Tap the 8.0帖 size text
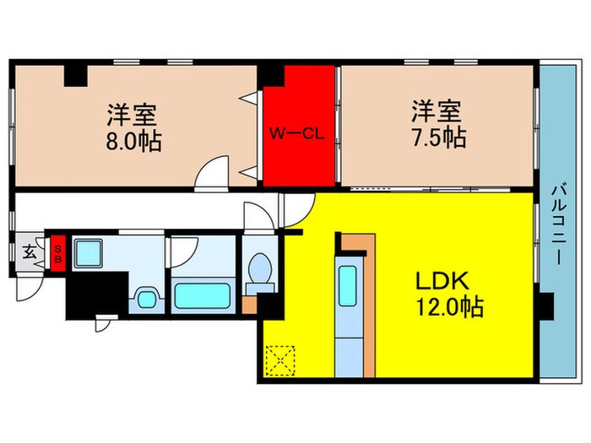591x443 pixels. pyautogui.click(x=134, y=138)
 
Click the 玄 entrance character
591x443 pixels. pyautogui.click(x=30, y=251)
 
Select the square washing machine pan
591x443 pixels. pyautogui.click(x=88, y=253)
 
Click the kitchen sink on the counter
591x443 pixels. pyautogui.click(x=347, y=285)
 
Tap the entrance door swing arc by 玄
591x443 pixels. pyautogui.click(x=28, y=286)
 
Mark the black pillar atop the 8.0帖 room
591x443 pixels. pyautogui.click(x=77, y=73)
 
